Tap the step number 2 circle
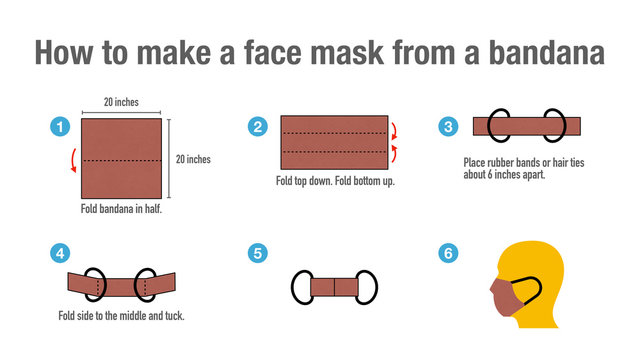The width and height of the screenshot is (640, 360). pyautogui.click(x=258, y=126)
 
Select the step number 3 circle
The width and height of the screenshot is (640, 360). pyautogui.click(x=449, y=126)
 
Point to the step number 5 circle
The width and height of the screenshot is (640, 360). pyautogui.click(x=258, y=254)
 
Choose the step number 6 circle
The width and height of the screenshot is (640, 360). pyautogui.click(x=449, y=254)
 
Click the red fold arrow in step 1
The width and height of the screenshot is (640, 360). pyautogui.click(x=72, y=161)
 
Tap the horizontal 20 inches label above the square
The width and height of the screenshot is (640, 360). pyautogui.click(x=121, y=101)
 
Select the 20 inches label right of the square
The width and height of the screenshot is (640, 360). pyautogui.click(x=193, y=158)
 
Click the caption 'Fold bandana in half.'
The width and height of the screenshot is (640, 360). pyautogui.click(x=121, y=209)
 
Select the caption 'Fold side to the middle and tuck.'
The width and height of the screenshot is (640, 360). pyautogui.click(x=121, y=316)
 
